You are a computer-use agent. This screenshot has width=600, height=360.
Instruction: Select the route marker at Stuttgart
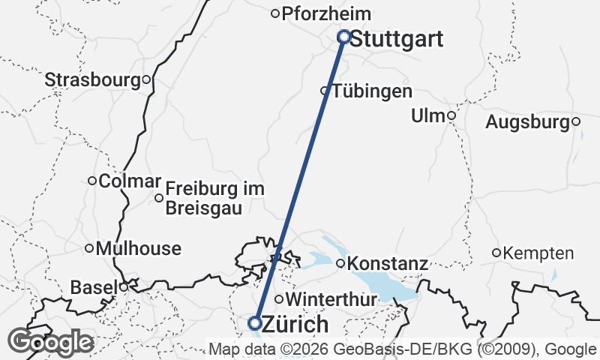click(344, 36)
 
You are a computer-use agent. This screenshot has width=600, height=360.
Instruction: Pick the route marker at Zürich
click(254, 323)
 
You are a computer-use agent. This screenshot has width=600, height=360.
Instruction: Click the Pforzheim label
click(326, 13)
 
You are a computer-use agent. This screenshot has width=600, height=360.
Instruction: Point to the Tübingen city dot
click(325, 91)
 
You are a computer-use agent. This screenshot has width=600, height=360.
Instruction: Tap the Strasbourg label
click(93, 79)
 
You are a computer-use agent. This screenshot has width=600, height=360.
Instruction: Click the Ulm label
click(428, 116)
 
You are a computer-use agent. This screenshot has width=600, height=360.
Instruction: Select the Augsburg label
click(528, 121)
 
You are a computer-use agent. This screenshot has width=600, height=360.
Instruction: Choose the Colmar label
click(130, 181)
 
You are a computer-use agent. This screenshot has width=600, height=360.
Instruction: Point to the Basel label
click(94, 287)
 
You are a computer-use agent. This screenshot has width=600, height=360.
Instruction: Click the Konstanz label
click(388, 264)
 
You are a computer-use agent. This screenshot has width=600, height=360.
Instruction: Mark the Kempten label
click(539, 253)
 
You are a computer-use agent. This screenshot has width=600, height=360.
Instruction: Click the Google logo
click(50, 342)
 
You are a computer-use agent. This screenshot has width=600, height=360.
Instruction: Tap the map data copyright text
click(403, 349)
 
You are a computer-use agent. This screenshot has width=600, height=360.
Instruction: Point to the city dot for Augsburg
click(576, 121)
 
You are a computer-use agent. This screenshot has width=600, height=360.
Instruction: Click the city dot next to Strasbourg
click(146, 79)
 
